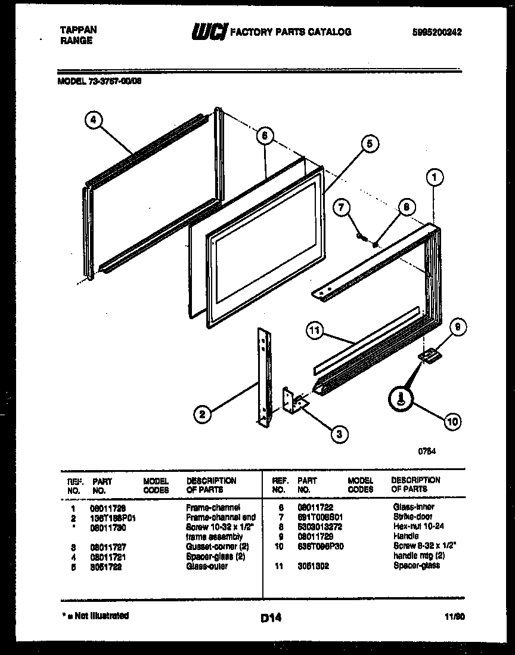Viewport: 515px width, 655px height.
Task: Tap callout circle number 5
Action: click(x=369, y=144)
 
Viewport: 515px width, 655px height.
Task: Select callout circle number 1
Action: click(x=435, y=177)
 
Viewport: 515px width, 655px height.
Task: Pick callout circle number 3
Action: click(x=339, y=434)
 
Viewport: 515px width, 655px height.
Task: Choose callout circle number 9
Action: click(x=457, y=327)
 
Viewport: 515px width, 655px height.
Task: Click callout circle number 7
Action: click(x=341, y=208)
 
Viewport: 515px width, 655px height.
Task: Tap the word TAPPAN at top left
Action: click(x=79, y=29)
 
